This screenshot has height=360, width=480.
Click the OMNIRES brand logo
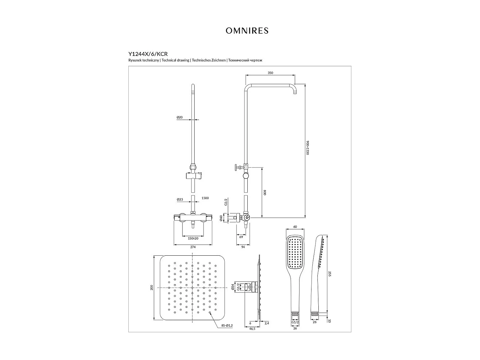point(247,31)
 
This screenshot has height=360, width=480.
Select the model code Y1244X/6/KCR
point(148,54)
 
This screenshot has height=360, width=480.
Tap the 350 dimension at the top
point(270,73)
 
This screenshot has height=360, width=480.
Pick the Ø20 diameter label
point(180,117)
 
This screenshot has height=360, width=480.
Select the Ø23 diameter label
point(180,199)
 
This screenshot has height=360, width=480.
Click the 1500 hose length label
point(205,198)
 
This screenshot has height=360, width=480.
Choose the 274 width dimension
point(193,247)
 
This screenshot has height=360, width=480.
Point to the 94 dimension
point(243,247)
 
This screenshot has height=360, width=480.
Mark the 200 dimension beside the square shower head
point(152,287)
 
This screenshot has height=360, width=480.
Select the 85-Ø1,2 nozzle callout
point(227,326)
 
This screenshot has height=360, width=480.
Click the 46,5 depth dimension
point(252,329)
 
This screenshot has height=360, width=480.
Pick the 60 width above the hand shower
point(295,227)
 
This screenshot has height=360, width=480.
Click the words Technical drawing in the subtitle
point(176,60)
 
